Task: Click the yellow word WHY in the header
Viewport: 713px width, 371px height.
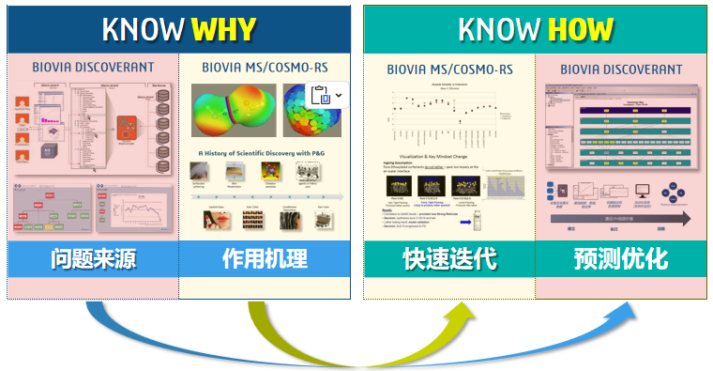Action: point(223,29)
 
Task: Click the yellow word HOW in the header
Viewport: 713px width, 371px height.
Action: point(581,29)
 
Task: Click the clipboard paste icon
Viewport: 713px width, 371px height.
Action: point(319,96)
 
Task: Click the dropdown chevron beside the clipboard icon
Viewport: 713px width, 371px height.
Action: point(339,96)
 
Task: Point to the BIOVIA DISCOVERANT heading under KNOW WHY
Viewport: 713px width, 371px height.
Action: point(92,68)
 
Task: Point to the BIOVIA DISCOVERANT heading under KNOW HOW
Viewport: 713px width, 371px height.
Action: point(621,69)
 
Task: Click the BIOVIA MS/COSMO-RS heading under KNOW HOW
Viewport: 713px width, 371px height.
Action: point(449,69)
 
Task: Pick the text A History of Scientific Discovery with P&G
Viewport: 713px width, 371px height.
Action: point(264,152)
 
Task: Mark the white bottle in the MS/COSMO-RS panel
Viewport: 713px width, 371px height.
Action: point(478,220)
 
